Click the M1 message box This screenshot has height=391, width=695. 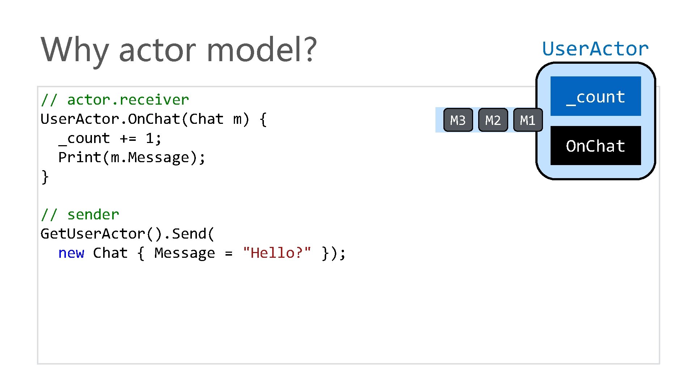coord(528,120)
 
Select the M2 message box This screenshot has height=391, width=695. coord(493,120)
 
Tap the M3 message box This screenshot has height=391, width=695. coord(458,120)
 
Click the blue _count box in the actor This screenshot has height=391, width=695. coord(595,96)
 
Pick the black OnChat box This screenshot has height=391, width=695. coord(595,146)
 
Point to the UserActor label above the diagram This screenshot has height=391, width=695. coord(595,49)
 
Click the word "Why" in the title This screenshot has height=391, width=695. coord(74,50)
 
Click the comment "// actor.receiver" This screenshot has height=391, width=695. coord(115,100)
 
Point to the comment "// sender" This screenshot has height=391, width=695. coord(80,215)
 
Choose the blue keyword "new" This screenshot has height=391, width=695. coord(71,253)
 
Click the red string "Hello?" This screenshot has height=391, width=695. coord(277,253)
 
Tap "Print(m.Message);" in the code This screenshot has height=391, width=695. coord(132,157)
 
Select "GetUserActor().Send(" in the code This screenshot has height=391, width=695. coord(127,234)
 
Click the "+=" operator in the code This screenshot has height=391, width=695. coord(128,138)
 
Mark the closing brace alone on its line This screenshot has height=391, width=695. coord(45,177)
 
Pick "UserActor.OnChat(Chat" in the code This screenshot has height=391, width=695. coord(132,119)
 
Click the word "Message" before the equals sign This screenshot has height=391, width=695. coord(185,253)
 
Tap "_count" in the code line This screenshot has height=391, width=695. coord(84,138)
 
